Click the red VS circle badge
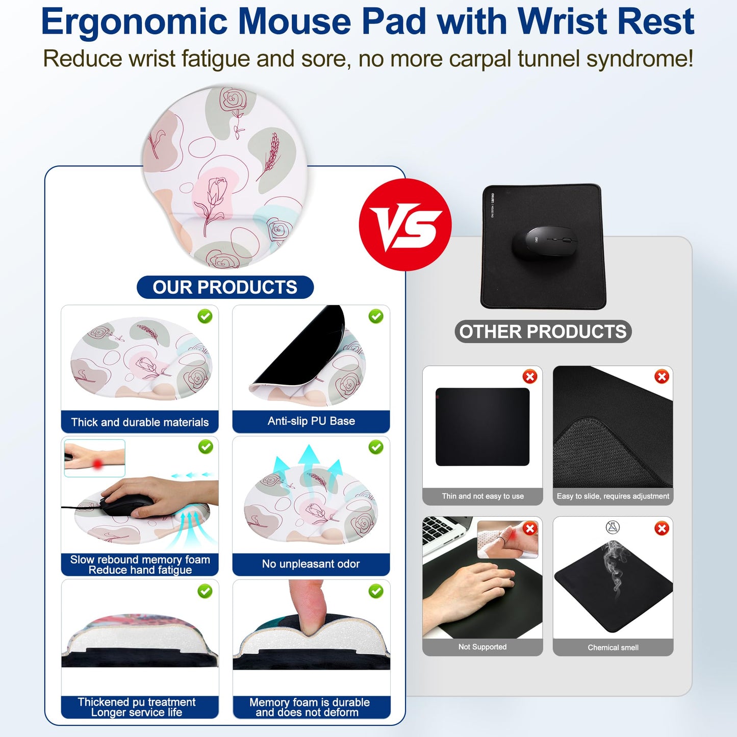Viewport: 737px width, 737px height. [405, 224]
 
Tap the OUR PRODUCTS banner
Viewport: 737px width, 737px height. [225, 287]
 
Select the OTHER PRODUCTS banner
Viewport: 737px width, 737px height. [543, 332]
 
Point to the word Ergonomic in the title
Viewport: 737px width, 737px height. [134, 21]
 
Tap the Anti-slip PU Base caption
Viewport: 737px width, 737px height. [311, 421]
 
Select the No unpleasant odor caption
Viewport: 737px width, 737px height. [311, 564]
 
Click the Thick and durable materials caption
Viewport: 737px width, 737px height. [140, 422]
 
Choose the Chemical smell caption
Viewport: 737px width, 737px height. [613, 648]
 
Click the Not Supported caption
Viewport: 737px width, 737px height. [482, 647]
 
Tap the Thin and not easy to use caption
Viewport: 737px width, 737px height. [482, 496]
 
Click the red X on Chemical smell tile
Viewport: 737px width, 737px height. [662, 528]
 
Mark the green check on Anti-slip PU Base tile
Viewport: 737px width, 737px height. [376, 317]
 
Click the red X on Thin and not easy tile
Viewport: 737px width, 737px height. [530, 377]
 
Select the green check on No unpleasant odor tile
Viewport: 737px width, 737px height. [376, 447]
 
